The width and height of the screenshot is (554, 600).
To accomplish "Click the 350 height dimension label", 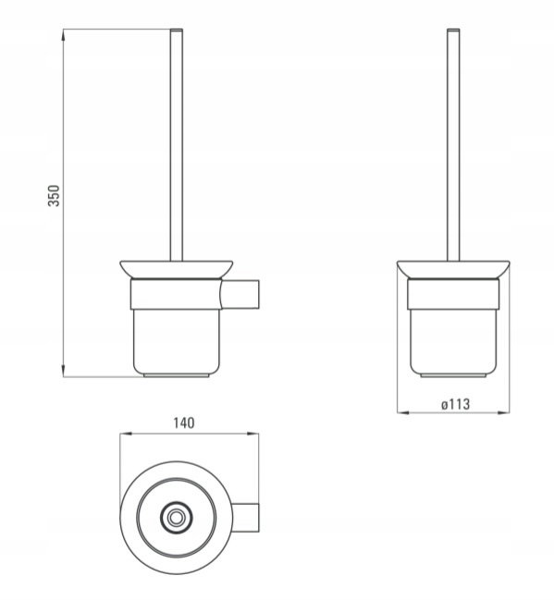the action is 54,196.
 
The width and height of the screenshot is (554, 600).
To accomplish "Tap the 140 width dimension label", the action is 184,422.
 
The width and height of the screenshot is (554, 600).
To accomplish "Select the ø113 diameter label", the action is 455,404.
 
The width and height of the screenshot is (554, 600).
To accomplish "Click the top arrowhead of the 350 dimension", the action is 63,34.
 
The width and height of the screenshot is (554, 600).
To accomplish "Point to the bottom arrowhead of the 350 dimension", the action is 63,371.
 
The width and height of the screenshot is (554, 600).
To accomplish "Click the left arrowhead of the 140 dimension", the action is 126,434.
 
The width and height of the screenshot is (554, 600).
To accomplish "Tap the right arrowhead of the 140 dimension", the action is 252,434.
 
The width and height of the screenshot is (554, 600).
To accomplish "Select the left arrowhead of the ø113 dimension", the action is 403,412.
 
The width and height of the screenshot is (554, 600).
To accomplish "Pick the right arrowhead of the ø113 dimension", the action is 503,412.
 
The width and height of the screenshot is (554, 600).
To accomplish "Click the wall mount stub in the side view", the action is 240,293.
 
